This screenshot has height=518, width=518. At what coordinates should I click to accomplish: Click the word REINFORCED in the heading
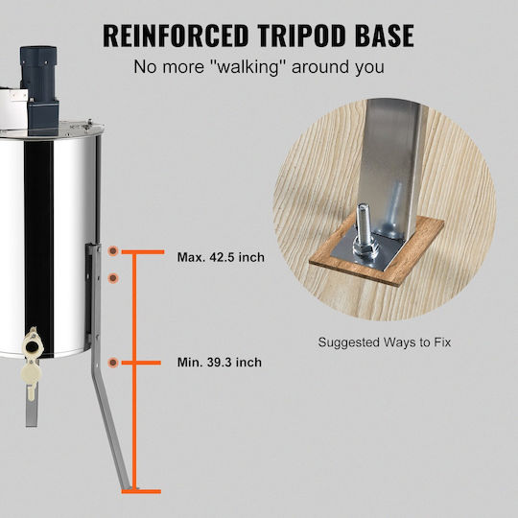click(x=176, y=35)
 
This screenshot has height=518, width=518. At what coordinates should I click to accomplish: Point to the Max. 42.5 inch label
click(x=221, y=257)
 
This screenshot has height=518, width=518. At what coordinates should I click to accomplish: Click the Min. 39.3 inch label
click(x=220, y=362)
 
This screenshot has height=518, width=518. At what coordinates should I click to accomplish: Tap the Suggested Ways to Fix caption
click(x=385, y=342)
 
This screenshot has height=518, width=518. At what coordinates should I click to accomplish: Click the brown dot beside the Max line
click(x=113, y=250)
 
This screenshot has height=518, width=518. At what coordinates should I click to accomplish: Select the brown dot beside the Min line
click(x=113, y=363)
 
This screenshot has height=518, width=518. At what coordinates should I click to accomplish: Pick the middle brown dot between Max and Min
click(x=113, y=278)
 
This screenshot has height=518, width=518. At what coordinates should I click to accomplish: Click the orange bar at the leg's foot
click(x=141, y=491)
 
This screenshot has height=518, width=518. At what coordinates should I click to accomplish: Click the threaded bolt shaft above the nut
click(x=362, y=221)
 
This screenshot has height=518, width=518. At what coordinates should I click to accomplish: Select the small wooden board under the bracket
click(x=376, y=250)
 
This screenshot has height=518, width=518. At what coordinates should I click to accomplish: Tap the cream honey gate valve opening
click(x=32, y=346)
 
